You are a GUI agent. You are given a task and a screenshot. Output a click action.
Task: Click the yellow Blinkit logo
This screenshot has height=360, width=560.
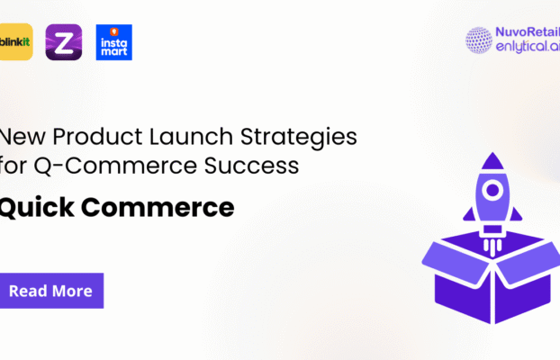tap(15, 42)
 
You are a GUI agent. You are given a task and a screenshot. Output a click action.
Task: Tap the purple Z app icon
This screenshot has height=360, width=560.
tap(63, 42)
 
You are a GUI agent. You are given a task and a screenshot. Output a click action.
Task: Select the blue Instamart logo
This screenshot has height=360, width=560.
tap(114, 42)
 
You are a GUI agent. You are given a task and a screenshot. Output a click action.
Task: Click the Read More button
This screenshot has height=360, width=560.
tap(50, 291)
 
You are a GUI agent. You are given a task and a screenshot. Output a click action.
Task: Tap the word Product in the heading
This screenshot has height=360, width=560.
tap(95, 138)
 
